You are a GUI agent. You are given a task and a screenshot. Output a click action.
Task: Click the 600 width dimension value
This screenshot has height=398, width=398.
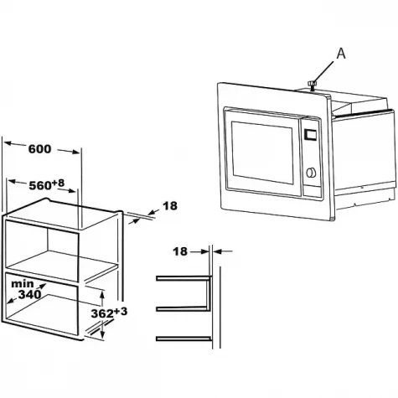40,149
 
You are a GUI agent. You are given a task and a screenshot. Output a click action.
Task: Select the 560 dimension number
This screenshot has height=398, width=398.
40,186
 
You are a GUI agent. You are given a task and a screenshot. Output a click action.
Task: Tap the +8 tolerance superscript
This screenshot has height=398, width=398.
58,183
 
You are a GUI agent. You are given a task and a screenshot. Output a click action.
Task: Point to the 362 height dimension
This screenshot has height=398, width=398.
102,313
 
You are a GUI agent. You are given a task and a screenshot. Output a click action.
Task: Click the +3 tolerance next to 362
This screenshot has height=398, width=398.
121,311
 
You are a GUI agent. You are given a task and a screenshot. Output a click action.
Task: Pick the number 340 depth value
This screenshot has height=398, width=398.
29,294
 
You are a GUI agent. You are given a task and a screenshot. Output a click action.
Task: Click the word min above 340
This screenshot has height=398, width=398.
22,284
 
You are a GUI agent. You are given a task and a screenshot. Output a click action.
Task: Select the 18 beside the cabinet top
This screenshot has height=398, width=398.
170,206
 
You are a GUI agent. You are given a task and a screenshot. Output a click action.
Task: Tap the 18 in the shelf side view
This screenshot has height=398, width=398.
180,251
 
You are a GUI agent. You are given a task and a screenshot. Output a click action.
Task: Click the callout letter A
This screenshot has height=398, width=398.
341,54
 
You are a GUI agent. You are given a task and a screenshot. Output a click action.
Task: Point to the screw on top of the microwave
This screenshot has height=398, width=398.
312,85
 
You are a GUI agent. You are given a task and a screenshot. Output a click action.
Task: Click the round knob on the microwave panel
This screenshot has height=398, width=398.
311,173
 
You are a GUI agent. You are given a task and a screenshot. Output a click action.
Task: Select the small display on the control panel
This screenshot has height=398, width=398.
310,134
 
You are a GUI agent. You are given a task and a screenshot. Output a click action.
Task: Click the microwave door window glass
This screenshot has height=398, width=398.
262,152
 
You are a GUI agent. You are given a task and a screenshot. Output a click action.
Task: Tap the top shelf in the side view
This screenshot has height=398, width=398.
183,278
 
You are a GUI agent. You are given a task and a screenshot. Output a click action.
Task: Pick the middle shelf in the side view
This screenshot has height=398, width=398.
182,308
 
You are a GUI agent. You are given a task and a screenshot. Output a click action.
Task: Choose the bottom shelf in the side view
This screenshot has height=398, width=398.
183,339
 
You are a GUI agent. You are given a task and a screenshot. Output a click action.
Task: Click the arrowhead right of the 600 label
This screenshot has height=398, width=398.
76,152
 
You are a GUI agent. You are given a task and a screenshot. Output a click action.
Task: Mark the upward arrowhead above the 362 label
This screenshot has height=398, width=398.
102,293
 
